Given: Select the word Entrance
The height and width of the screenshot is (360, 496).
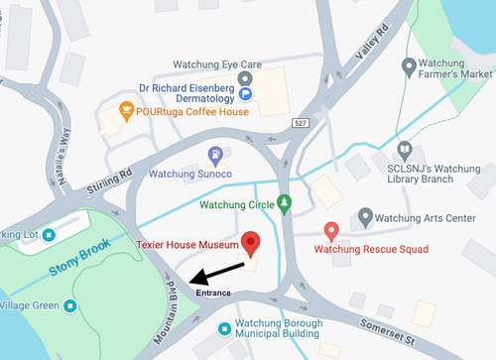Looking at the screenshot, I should [214, 294].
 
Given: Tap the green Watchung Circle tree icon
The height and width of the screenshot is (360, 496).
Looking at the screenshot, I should [286, 204].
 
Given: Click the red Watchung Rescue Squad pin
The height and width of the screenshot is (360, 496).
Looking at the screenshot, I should [332, 230].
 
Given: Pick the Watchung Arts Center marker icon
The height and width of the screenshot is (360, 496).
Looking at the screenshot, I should [365, 214].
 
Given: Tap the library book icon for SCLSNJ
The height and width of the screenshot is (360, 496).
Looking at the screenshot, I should [404, 151].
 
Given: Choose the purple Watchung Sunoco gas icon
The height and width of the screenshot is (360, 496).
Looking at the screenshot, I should [215, 154].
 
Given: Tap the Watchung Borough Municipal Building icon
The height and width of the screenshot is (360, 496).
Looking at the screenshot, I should [226, 325].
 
